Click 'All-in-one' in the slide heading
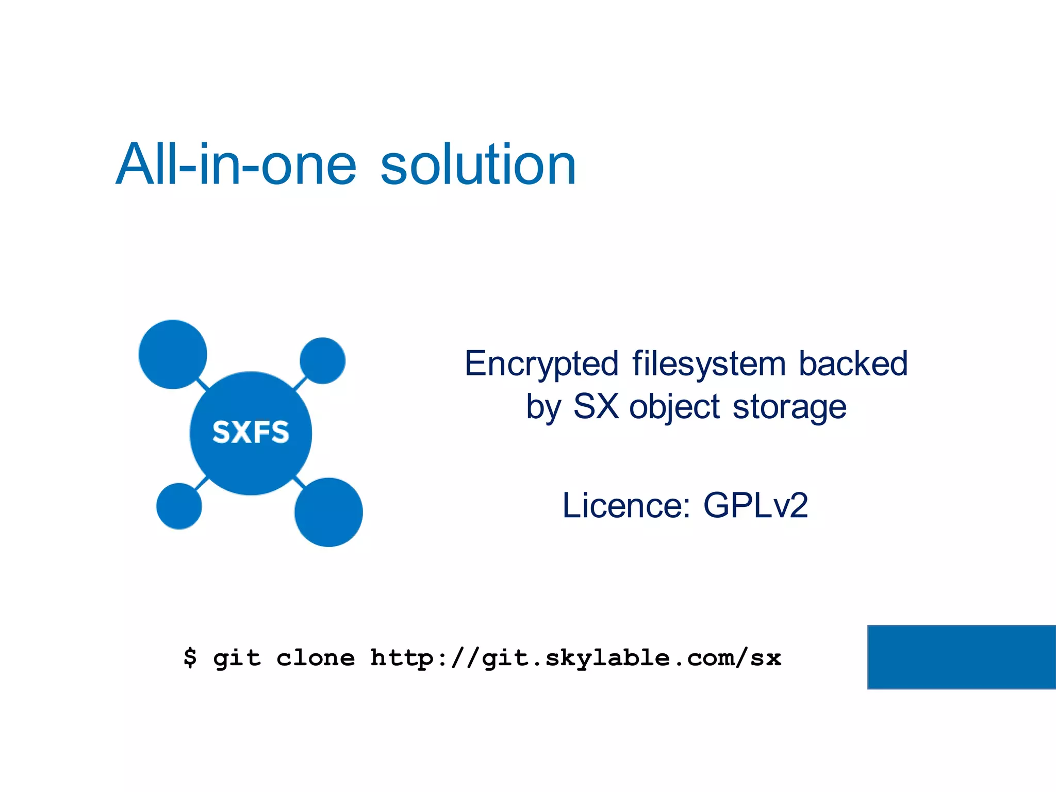[236, 165]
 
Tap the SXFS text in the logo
[251, 432]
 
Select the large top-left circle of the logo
[173, 354]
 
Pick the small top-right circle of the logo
[322, 360]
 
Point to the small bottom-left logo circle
[179, 506]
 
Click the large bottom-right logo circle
[328, 512]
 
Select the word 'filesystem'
[709, 364]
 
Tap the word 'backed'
[853, 364]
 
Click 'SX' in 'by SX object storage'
[596, 406]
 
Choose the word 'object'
[674, 407]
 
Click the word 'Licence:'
[626, 505]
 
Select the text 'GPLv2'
[755, 505]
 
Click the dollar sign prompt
[190, 658]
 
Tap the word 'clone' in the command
[316, 658]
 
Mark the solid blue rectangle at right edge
[962, 657]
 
